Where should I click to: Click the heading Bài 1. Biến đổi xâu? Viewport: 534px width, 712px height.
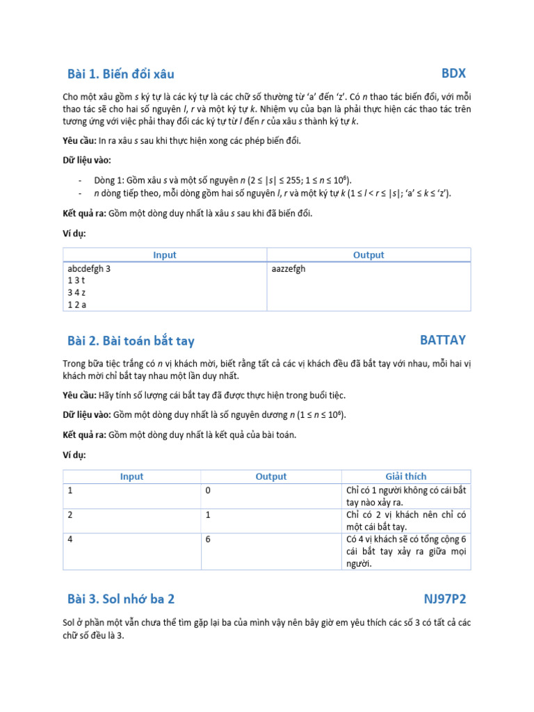(x=120, y=74)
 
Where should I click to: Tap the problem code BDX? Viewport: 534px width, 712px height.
(x=453, y=73)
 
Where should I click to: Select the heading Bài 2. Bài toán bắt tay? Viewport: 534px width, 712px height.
(x=131, y=341)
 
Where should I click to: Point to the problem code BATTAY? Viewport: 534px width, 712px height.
(x=443, y=340)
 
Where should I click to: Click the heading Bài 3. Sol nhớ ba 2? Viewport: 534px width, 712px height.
(x=126, y=599)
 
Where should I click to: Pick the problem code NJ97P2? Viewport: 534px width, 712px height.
(x=445, y=598)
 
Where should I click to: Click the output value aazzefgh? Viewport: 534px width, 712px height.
(x=289, y=268)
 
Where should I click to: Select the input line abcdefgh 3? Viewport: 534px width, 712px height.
(x=89, y=268)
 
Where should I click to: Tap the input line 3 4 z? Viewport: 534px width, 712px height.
(x=76, y=293)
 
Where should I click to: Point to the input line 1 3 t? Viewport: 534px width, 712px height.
(x=76, y=280)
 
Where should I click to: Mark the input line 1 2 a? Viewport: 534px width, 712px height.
(x=76, y=305)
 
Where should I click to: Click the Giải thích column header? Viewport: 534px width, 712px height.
(x=406, y=476)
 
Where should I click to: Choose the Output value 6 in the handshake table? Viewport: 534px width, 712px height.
(x=209, y=539)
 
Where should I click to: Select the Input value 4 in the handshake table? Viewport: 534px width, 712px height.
(x=70, y=539)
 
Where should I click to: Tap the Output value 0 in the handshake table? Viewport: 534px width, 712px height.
(x=209, y=490)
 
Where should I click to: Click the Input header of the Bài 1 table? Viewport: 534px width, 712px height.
(x=165, y=255)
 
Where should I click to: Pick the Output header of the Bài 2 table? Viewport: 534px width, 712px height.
(x=270, y=476)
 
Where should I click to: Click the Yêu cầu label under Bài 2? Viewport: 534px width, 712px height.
(x=80, y=395)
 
